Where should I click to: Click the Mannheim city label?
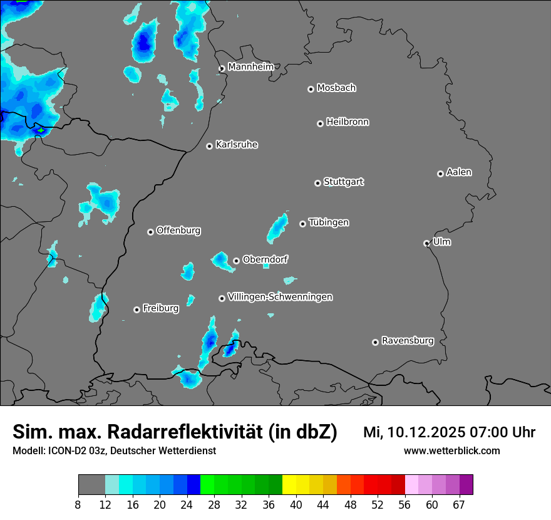tap(250, 66)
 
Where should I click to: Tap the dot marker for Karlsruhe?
tap(210, 146)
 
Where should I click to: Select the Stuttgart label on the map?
tap(344, 182)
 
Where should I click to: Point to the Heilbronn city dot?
tap(320, 123)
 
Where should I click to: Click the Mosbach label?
tap(336, 88)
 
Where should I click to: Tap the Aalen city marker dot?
tap(440, 174)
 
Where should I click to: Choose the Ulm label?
tap(442, 242)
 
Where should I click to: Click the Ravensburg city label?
tap(408, 341)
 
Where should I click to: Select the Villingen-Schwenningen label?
tap(280, 297)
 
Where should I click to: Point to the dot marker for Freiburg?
tap(136, 309)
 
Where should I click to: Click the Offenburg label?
tap(178, 231)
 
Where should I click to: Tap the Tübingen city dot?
tap(302, 224)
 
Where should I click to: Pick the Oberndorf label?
tap(265, 259)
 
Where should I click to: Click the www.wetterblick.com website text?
tap(451, 450)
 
